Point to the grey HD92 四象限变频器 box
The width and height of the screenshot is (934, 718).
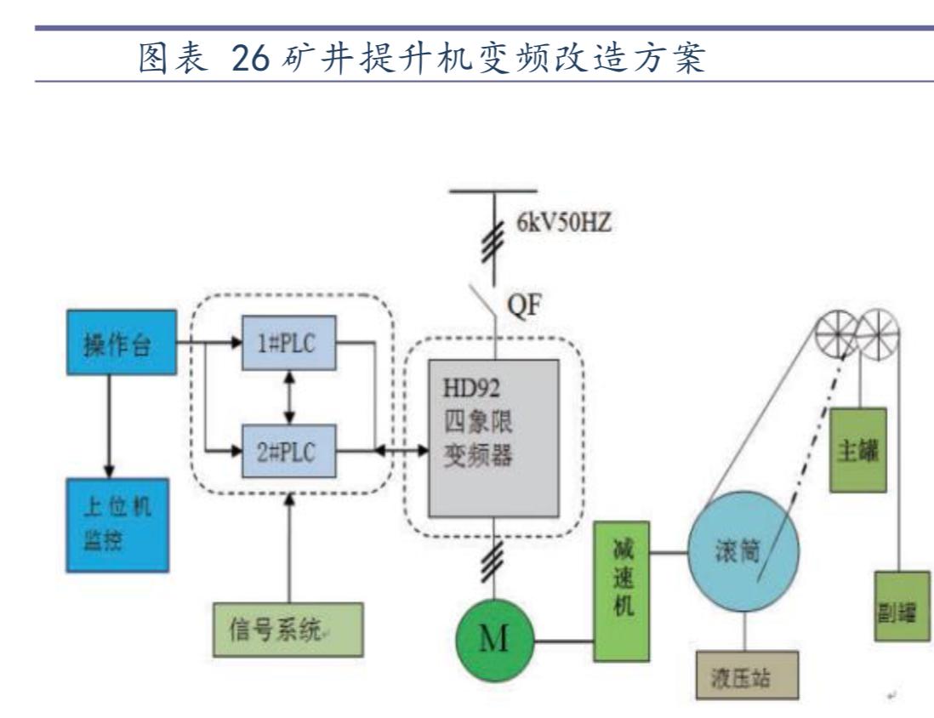click(x=493, y=437)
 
